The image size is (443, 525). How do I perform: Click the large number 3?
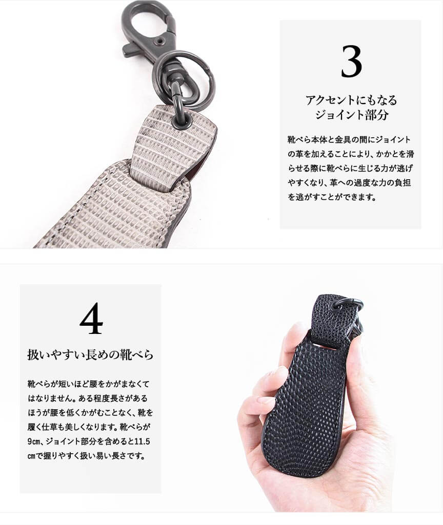[351, 61]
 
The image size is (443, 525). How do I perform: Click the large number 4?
[91, 319]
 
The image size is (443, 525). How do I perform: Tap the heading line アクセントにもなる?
[351, 100]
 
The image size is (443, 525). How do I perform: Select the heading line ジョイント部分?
[351, 115]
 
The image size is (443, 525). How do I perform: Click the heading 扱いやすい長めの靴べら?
[90, 355]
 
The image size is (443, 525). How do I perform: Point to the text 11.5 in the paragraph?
[142, 442]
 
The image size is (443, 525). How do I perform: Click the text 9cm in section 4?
[34, 442]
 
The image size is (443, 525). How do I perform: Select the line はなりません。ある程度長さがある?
[88, 398]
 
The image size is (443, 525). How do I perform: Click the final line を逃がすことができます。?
[332, 197]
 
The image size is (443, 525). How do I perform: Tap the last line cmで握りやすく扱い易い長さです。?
[87, 456]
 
